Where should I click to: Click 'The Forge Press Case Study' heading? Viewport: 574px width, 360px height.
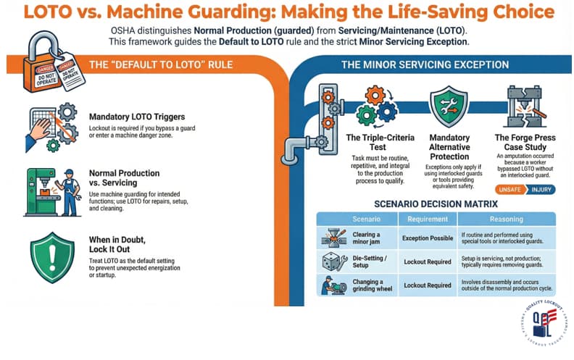pos(525,143)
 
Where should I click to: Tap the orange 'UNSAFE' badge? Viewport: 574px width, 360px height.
pos(509,189)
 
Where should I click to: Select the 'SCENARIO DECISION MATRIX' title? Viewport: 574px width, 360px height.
pos(437,204)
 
